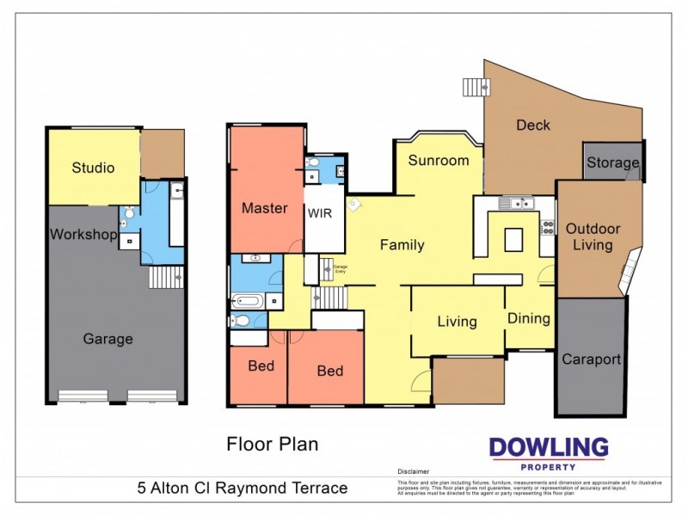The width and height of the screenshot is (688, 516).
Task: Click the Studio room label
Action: point(93,168)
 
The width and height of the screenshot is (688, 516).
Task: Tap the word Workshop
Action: point(83,234)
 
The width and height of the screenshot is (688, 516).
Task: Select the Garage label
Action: point(107,339)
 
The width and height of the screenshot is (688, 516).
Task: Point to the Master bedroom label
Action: point(264,208)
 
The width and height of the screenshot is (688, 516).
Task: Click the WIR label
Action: point(319,212)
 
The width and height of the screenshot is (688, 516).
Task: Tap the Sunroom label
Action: point(439,160)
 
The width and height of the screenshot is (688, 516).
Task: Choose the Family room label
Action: point(402,245)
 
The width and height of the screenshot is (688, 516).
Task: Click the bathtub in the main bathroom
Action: point(250,301)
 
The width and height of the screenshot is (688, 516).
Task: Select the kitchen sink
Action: point(519,204)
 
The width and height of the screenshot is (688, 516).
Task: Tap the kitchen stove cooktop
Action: point(546,227)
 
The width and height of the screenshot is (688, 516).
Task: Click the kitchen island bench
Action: point(513,237)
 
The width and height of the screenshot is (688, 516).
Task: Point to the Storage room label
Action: point(612,163)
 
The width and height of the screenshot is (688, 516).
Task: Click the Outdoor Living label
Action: point(593,237)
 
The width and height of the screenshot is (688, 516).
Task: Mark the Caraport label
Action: point(591,359)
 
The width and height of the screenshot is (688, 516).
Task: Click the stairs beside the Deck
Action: point(475,86)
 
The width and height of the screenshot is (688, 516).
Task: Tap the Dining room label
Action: point(528,318)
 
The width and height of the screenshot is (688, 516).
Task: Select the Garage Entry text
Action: point(341,268)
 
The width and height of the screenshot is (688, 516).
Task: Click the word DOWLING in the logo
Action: point(549,448)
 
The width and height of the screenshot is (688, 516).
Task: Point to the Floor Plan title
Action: point(273,445)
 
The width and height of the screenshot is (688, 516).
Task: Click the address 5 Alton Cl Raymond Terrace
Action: point(243,488)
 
